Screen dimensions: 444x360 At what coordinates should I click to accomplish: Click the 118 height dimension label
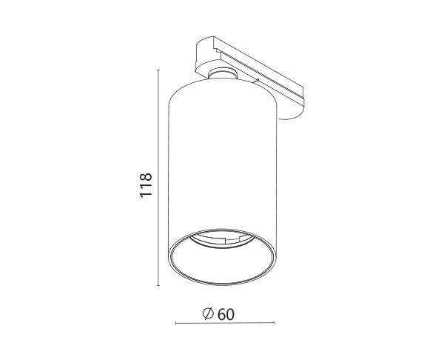click(146, 185)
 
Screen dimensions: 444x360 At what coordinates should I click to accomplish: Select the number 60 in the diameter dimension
click(226, 314)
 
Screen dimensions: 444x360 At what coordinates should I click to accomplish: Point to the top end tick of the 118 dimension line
click(158, 70)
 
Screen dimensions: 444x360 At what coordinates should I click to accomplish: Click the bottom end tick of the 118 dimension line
click(158, 285)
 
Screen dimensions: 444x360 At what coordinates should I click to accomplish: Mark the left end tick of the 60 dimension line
click(176, 323)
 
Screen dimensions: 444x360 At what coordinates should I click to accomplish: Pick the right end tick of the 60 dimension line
click(274, 323)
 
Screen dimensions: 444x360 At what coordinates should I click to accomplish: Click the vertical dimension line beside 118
click(158, 178)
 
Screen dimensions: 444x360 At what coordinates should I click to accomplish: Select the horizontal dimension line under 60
click(225, 323)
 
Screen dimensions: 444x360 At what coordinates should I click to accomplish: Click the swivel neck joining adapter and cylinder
click(223, 73)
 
